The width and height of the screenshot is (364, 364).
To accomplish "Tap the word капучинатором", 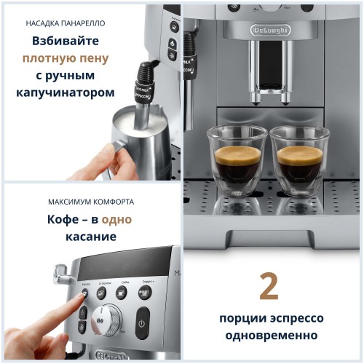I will (66, 93).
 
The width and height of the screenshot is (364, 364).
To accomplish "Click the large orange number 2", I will (269, 288).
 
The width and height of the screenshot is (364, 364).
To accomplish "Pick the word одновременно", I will (269, 336).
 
